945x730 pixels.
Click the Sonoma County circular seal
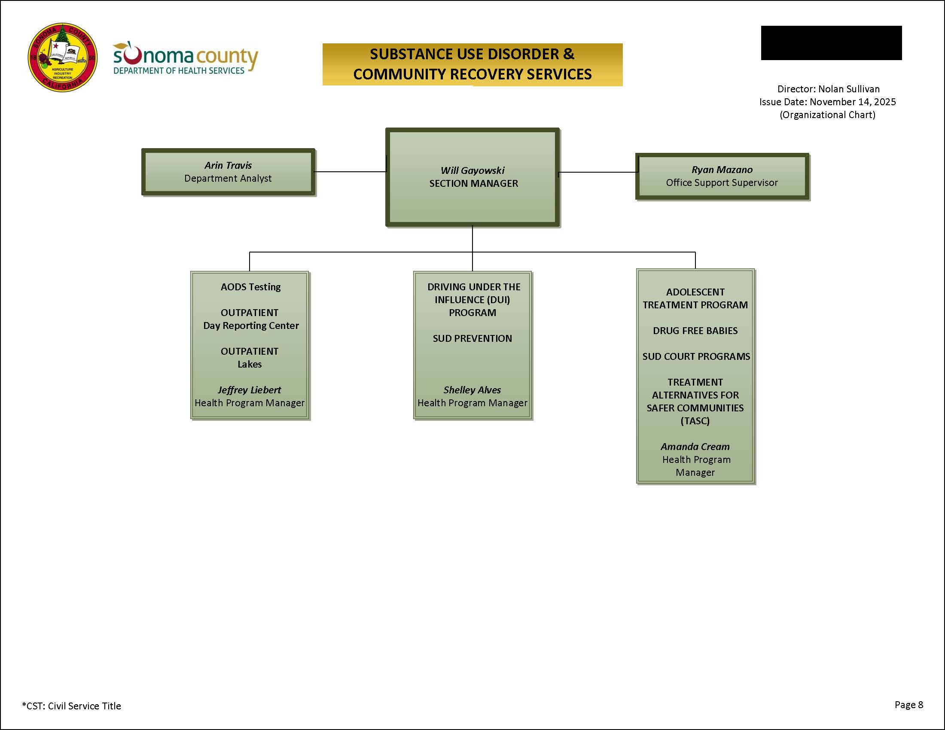coord(62,58)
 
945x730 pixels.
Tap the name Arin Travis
coord(228,165)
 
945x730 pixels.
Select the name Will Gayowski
coord(472,170)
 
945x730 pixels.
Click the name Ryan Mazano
coord(722,170)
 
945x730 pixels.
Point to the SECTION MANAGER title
coord(473,183)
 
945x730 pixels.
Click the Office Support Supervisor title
coord(722,182)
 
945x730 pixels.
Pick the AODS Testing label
coord(250,287)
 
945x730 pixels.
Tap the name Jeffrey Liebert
coord(249,389)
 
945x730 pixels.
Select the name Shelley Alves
coord(472,389)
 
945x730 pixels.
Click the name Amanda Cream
coord(695,446)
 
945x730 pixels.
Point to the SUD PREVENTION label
coord(472,338)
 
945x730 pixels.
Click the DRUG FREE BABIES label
coord(695,330)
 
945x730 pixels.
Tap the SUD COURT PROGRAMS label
coord(696,356)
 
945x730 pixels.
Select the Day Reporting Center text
coord(251,325)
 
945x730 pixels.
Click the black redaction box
coord(831,43)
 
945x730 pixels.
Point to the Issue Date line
coord(827,102)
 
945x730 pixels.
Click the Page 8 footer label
coord(908,705)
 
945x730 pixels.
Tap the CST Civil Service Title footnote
coord(71,706)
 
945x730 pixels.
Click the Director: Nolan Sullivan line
coord(828,88)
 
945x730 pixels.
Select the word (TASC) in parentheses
coord(695,420)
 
